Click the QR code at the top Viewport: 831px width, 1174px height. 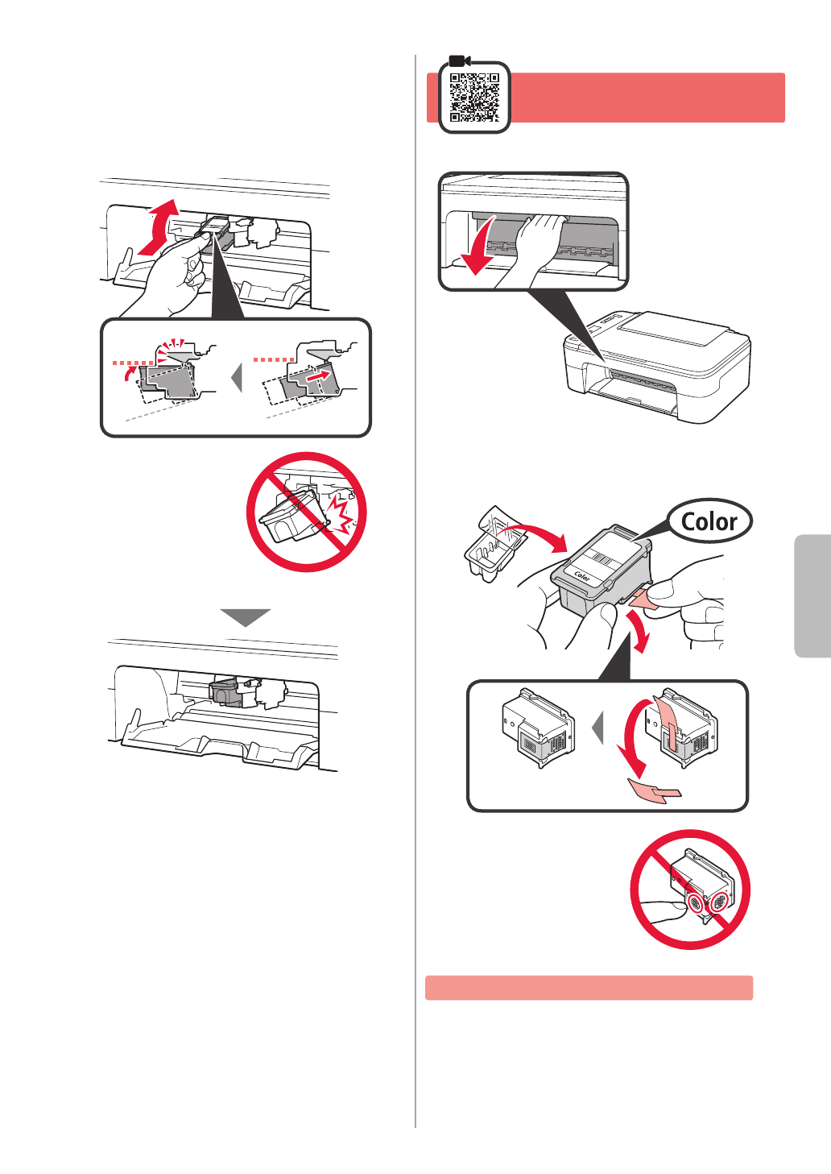[x=474, y=97]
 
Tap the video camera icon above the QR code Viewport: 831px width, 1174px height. [x=460, y=60]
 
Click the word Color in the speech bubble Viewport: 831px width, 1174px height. [x=709, y=522]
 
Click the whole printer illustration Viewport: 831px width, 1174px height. [x=656, y=367]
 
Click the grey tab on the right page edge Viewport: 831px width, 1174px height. [x=812, y=595]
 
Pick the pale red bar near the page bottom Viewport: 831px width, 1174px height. [x=589, y=987]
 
